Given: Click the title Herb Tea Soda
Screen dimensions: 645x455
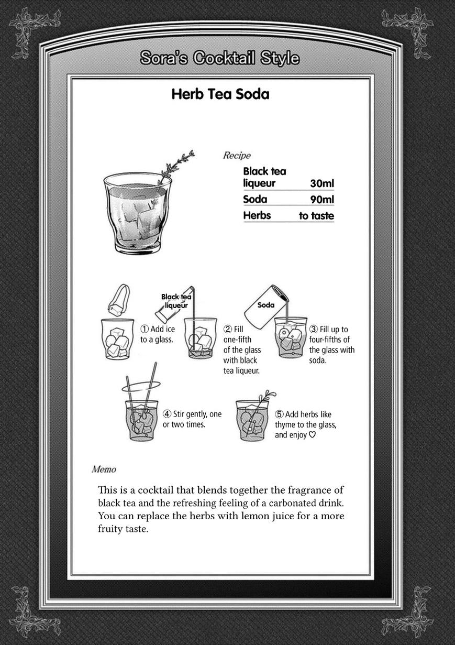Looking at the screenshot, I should (x=220, y=94).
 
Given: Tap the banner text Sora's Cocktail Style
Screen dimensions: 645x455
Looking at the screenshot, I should (x=220, y=58).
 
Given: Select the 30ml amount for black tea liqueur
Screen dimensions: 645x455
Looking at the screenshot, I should (x=321, y=183).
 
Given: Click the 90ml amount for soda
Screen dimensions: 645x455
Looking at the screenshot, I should (x=321, y=200).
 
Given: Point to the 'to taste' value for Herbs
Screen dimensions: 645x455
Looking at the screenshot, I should (x=316, y=216).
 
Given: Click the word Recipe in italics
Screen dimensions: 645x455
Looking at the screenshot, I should (x=237, y=155).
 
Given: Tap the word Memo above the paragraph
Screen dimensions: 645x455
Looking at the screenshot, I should (x=104, y=469).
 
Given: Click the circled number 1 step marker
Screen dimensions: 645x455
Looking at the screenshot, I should (x=145, y=329).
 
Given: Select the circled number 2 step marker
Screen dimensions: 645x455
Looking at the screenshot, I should (x=228, y=329).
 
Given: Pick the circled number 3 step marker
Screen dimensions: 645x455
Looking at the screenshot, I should (x=314, y=330).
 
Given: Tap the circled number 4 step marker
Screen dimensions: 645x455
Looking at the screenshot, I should (x=167, y=414).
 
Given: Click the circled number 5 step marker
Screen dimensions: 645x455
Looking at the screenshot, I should (x=279, y=414).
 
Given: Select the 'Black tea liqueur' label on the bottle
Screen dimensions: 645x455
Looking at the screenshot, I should (x=176, y=301).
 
